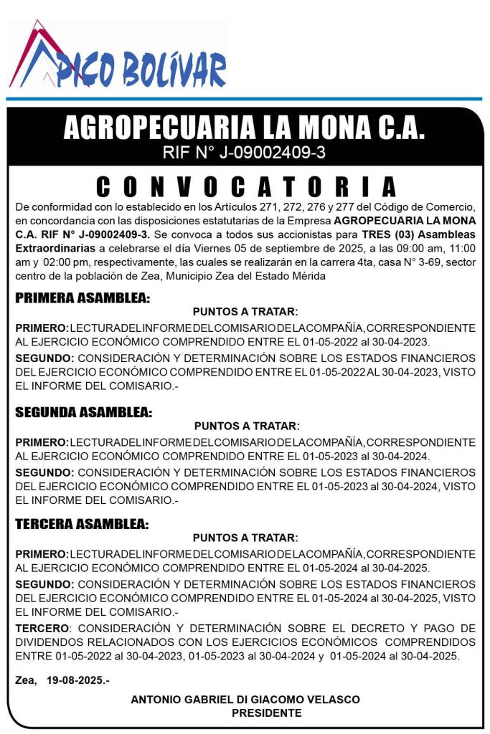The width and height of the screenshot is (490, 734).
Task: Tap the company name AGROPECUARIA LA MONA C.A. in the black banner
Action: coord(244,128)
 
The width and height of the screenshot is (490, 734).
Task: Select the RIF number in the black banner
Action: coord(244,153)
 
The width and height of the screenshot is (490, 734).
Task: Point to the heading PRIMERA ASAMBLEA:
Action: coord(83,298)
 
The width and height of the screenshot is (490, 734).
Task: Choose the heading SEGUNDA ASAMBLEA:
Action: coord(83,412)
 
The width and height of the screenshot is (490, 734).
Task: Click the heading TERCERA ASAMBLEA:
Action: coord(82,524)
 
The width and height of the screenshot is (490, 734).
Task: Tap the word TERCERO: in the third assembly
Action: coord(40,629)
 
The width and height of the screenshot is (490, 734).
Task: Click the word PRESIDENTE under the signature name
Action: coord(266,712)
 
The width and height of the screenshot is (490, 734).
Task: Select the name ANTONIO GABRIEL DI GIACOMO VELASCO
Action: coord(245,700)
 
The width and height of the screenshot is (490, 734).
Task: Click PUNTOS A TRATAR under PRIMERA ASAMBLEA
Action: coord(245,312)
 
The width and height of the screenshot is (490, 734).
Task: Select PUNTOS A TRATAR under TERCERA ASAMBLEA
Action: coord(245,538)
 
